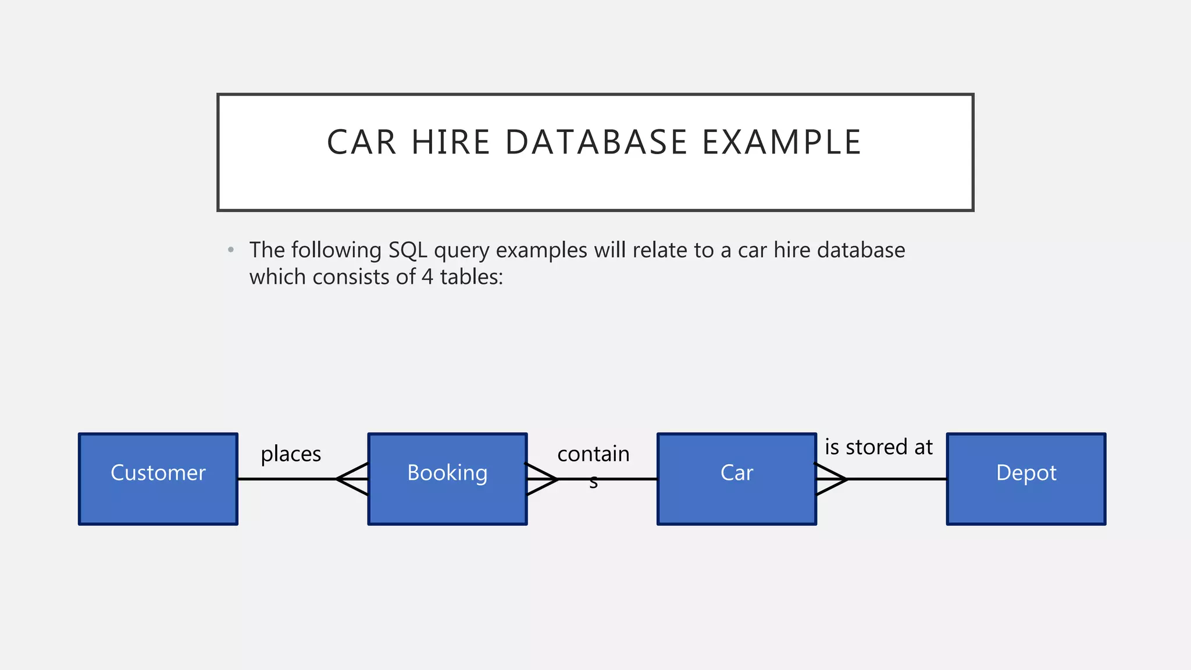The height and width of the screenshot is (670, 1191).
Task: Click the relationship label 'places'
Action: pos(291,454)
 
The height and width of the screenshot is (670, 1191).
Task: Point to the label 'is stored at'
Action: pos(878,447)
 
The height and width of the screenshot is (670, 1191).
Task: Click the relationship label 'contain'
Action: pos(593,454)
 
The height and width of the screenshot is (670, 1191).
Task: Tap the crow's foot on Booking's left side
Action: pos(352,479)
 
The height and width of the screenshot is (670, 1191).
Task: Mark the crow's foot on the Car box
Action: pos(831,479)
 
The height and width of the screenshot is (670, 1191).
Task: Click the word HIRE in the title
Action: pos(451,142)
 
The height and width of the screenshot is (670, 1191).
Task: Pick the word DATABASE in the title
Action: pos(596,142)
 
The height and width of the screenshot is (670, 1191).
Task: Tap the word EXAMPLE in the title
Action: pos(782,142)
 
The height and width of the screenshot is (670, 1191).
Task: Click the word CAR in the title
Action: pos(361,142)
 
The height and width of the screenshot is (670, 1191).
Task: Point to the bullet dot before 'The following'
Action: pos(231,250)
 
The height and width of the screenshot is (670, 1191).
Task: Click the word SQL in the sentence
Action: pos(408,250)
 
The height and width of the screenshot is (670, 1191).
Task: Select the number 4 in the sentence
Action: pos(427,277)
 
